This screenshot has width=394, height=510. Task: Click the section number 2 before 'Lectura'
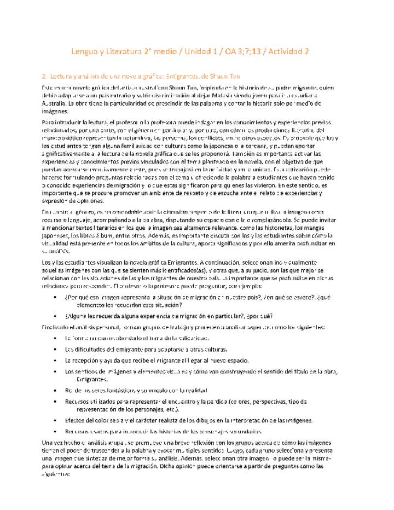44,77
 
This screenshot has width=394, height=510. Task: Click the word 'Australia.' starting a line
55,103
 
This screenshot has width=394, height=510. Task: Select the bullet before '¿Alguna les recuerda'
56,316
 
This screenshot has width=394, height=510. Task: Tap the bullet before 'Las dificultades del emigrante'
56,349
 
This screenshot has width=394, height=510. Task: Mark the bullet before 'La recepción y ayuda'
56,360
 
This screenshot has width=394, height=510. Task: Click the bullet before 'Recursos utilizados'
56,401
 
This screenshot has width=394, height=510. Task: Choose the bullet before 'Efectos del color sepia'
56,420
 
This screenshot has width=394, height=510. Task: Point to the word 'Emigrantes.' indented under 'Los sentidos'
92,379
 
